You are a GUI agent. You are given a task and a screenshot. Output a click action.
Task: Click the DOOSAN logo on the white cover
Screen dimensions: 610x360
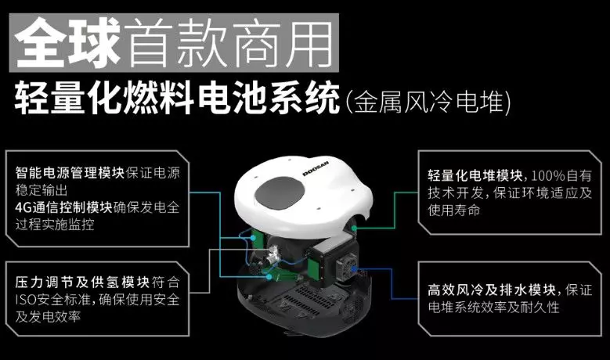point(316,168)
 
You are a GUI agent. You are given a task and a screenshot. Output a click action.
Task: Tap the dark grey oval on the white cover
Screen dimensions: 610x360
point(280,194)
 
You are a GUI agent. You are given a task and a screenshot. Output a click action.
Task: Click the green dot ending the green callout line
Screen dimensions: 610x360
point(355,228)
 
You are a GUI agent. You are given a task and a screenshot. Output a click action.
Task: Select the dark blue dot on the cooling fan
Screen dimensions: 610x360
point(353,268)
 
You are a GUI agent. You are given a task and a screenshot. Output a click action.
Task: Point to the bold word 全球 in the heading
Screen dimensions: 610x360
point(67,43)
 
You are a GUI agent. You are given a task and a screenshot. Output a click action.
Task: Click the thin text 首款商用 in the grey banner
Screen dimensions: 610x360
point(229,43)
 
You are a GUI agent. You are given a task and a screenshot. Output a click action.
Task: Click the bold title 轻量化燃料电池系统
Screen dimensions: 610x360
point(177,98)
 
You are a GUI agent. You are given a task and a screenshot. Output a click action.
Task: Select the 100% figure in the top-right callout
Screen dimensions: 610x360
point(548,176)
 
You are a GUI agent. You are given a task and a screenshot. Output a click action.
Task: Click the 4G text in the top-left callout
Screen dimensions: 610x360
point(23,207)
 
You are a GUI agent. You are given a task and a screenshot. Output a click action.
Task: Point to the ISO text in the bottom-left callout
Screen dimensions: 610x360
point(26,300)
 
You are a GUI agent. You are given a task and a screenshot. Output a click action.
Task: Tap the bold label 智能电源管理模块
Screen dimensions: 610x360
point(70,173)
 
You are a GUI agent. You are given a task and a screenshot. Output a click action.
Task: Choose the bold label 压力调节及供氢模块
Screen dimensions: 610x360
point(82,283)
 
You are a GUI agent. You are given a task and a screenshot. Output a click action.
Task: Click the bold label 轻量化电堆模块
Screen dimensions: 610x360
point(475,176)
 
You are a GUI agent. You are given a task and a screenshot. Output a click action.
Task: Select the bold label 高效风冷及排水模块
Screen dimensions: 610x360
point(491,290)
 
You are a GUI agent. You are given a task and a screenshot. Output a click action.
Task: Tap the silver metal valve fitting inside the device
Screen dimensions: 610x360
point(273,254)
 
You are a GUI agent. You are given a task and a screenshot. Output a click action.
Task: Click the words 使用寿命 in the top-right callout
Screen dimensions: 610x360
point(454,211)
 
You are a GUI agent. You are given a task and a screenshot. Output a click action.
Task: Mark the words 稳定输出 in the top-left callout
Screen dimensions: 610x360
point(42,190)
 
